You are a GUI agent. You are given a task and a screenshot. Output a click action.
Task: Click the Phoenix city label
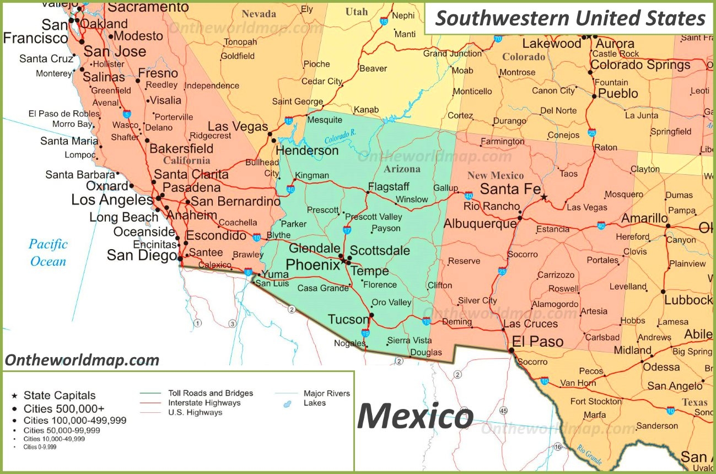tap(313, 265)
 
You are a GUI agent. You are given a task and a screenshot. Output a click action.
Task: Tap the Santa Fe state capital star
tap(544, 197)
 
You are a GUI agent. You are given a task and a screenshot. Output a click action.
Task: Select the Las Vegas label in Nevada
tap(238, 126)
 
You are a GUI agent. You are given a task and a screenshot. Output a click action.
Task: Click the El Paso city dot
tap(512, 350)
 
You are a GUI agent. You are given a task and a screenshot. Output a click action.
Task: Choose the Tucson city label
tap(348, 319)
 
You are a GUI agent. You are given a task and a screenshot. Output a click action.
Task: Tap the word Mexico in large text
tap(415, 417)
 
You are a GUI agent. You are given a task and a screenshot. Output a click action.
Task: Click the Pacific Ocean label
tap(49, 252)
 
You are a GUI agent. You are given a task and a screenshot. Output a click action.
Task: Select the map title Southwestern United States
tap(570, 18)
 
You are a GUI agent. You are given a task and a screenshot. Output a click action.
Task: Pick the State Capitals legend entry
tap(59, 395)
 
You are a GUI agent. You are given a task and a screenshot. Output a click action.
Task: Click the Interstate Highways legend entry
tap(204, 403)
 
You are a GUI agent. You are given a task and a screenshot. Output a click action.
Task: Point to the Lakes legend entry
tap(314, 403)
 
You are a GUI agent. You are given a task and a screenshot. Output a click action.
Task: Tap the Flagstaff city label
tap(389, 186)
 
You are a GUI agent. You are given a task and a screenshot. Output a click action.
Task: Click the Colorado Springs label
tap(640, 64)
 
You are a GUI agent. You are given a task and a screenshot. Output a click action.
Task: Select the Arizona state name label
tap(402, 169)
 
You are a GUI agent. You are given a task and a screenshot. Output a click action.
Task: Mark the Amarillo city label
tap(644, 218)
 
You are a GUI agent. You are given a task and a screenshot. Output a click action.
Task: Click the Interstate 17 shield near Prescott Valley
tap(347, 230)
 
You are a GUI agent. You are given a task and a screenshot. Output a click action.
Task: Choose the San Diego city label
tap(142, 255)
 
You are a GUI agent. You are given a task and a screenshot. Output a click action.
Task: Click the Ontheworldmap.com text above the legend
tap(82, 360)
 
